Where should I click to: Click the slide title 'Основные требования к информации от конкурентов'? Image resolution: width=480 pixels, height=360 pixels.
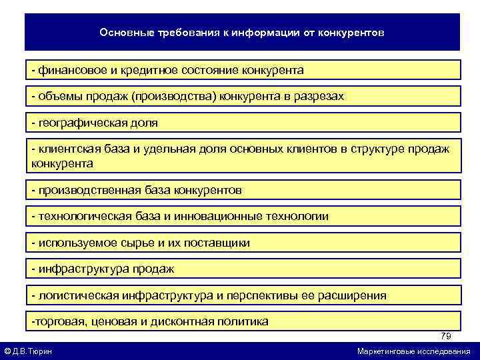[x=241, y=33]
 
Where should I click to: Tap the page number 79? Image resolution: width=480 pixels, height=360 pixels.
[x=445, y=336]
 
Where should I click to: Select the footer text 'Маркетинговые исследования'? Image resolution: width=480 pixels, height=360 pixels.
[x=413, y=351]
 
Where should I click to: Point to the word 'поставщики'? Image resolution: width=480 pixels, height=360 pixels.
[x=219, y=243]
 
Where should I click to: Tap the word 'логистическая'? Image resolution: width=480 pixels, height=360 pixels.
[x=77, y=295]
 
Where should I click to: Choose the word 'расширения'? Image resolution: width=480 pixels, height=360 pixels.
[x=355, y=295]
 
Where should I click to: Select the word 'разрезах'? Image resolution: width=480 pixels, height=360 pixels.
[x=319, y=97]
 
